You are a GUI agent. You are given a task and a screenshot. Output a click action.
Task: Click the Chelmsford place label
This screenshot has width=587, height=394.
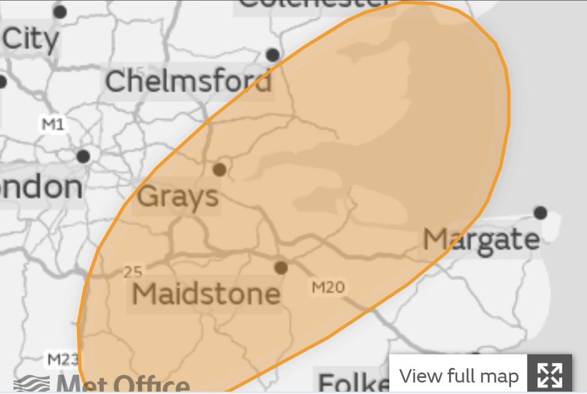[x=188, y=81]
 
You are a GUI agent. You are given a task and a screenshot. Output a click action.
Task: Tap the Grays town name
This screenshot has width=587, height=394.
[x=178, y=196]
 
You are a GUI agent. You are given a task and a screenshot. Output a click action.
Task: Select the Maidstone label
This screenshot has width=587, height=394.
[x=206, y=293]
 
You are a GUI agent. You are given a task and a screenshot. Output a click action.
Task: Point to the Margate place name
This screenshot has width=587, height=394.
[x=481, y=239]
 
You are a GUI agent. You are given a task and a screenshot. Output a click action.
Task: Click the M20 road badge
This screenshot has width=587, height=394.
[x=328, y=287]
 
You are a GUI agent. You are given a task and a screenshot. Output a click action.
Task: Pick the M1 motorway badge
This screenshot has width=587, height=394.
[x=54, y=124]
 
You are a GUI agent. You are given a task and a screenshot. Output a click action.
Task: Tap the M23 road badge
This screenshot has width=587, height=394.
[x=62, y=359]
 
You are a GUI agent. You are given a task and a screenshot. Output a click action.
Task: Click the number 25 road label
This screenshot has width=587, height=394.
[x=134, y=272]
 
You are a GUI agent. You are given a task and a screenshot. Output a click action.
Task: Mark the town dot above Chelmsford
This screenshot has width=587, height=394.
[x=272, y=55]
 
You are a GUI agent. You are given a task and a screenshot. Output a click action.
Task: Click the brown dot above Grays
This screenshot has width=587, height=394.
[x=219, y=170]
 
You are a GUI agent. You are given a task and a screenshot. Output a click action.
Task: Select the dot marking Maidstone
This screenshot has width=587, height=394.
[x=281, y=268]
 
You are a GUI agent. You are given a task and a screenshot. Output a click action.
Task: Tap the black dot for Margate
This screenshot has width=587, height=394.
[x=540, y=213]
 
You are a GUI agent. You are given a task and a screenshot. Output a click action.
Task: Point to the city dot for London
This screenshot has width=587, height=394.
[x=84, y=156]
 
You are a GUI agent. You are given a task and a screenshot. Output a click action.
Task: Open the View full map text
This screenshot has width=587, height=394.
[x=459, y=375]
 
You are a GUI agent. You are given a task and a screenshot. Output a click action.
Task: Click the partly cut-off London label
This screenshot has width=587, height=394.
[x=41, y=187]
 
